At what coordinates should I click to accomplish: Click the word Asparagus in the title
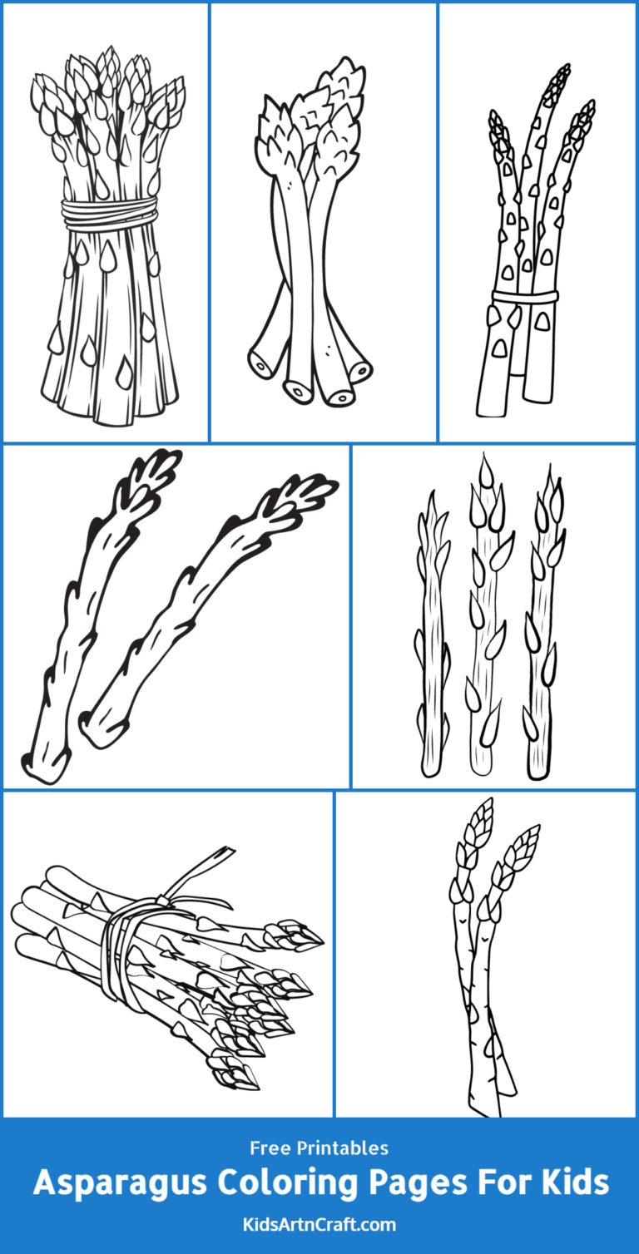(x=111, y=1182)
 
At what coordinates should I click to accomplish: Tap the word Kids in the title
(x=573, y=1182)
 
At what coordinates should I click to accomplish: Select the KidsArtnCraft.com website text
(x=319, y=1225)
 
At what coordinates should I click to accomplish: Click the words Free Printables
(x=319, y=1148)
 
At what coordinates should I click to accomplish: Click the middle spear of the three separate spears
(x=483, y=615)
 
